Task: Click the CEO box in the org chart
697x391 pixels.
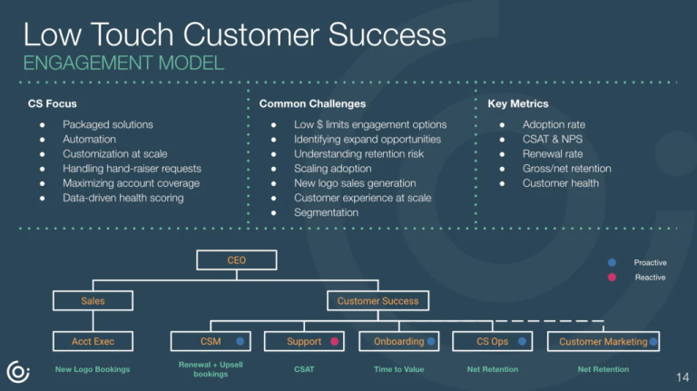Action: [x=236, y=260]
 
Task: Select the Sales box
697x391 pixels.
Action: [x=93, y=300]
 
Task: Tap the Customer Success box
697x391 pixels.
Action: [x=378, y=300]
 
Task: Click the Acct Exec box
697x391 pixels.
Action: [x=93, y=341]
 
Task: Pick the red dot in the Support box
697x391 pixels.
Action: [x=334, y=342]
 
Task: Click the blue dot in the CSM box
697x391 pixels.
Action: [x=241, y=342]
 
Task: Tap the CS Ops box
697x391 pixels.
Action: [x=493, y=341]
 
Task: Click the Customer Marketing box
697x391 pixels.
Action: [x=603, y=341]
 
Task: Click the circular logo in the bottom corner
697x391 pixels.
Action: [x=17, y=371]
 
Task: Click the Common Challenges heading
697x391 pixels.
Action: [x=312, y=104]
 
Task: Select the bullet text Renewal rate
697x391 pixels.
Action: [x=553, y=153]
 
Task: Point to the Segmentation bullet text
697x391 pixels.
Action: [x=326, y=212]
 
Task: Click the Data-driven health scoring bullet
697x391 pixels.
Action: [x=123, y=198]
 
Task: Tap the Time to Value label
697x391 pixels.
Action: [x=399, y=369]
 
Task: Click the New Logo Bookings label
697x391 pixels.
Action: [x=93, y=369]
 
